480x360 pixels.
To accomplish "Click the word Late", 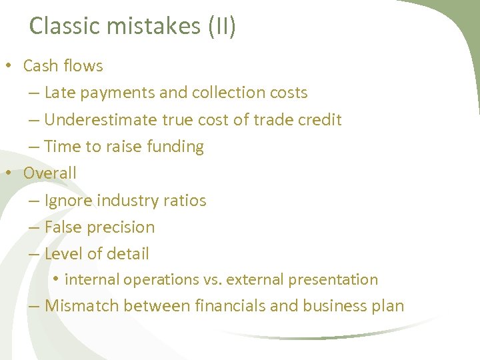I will click(60, 93).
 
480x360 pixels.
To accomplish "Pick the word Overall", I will click(49, 173).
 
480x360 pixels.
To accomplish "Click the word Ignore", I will click(68, 200).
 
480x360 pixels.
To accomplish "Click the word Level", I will click(63, 254).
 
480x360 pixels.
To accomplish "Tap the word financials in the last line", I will click(234, 306).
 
